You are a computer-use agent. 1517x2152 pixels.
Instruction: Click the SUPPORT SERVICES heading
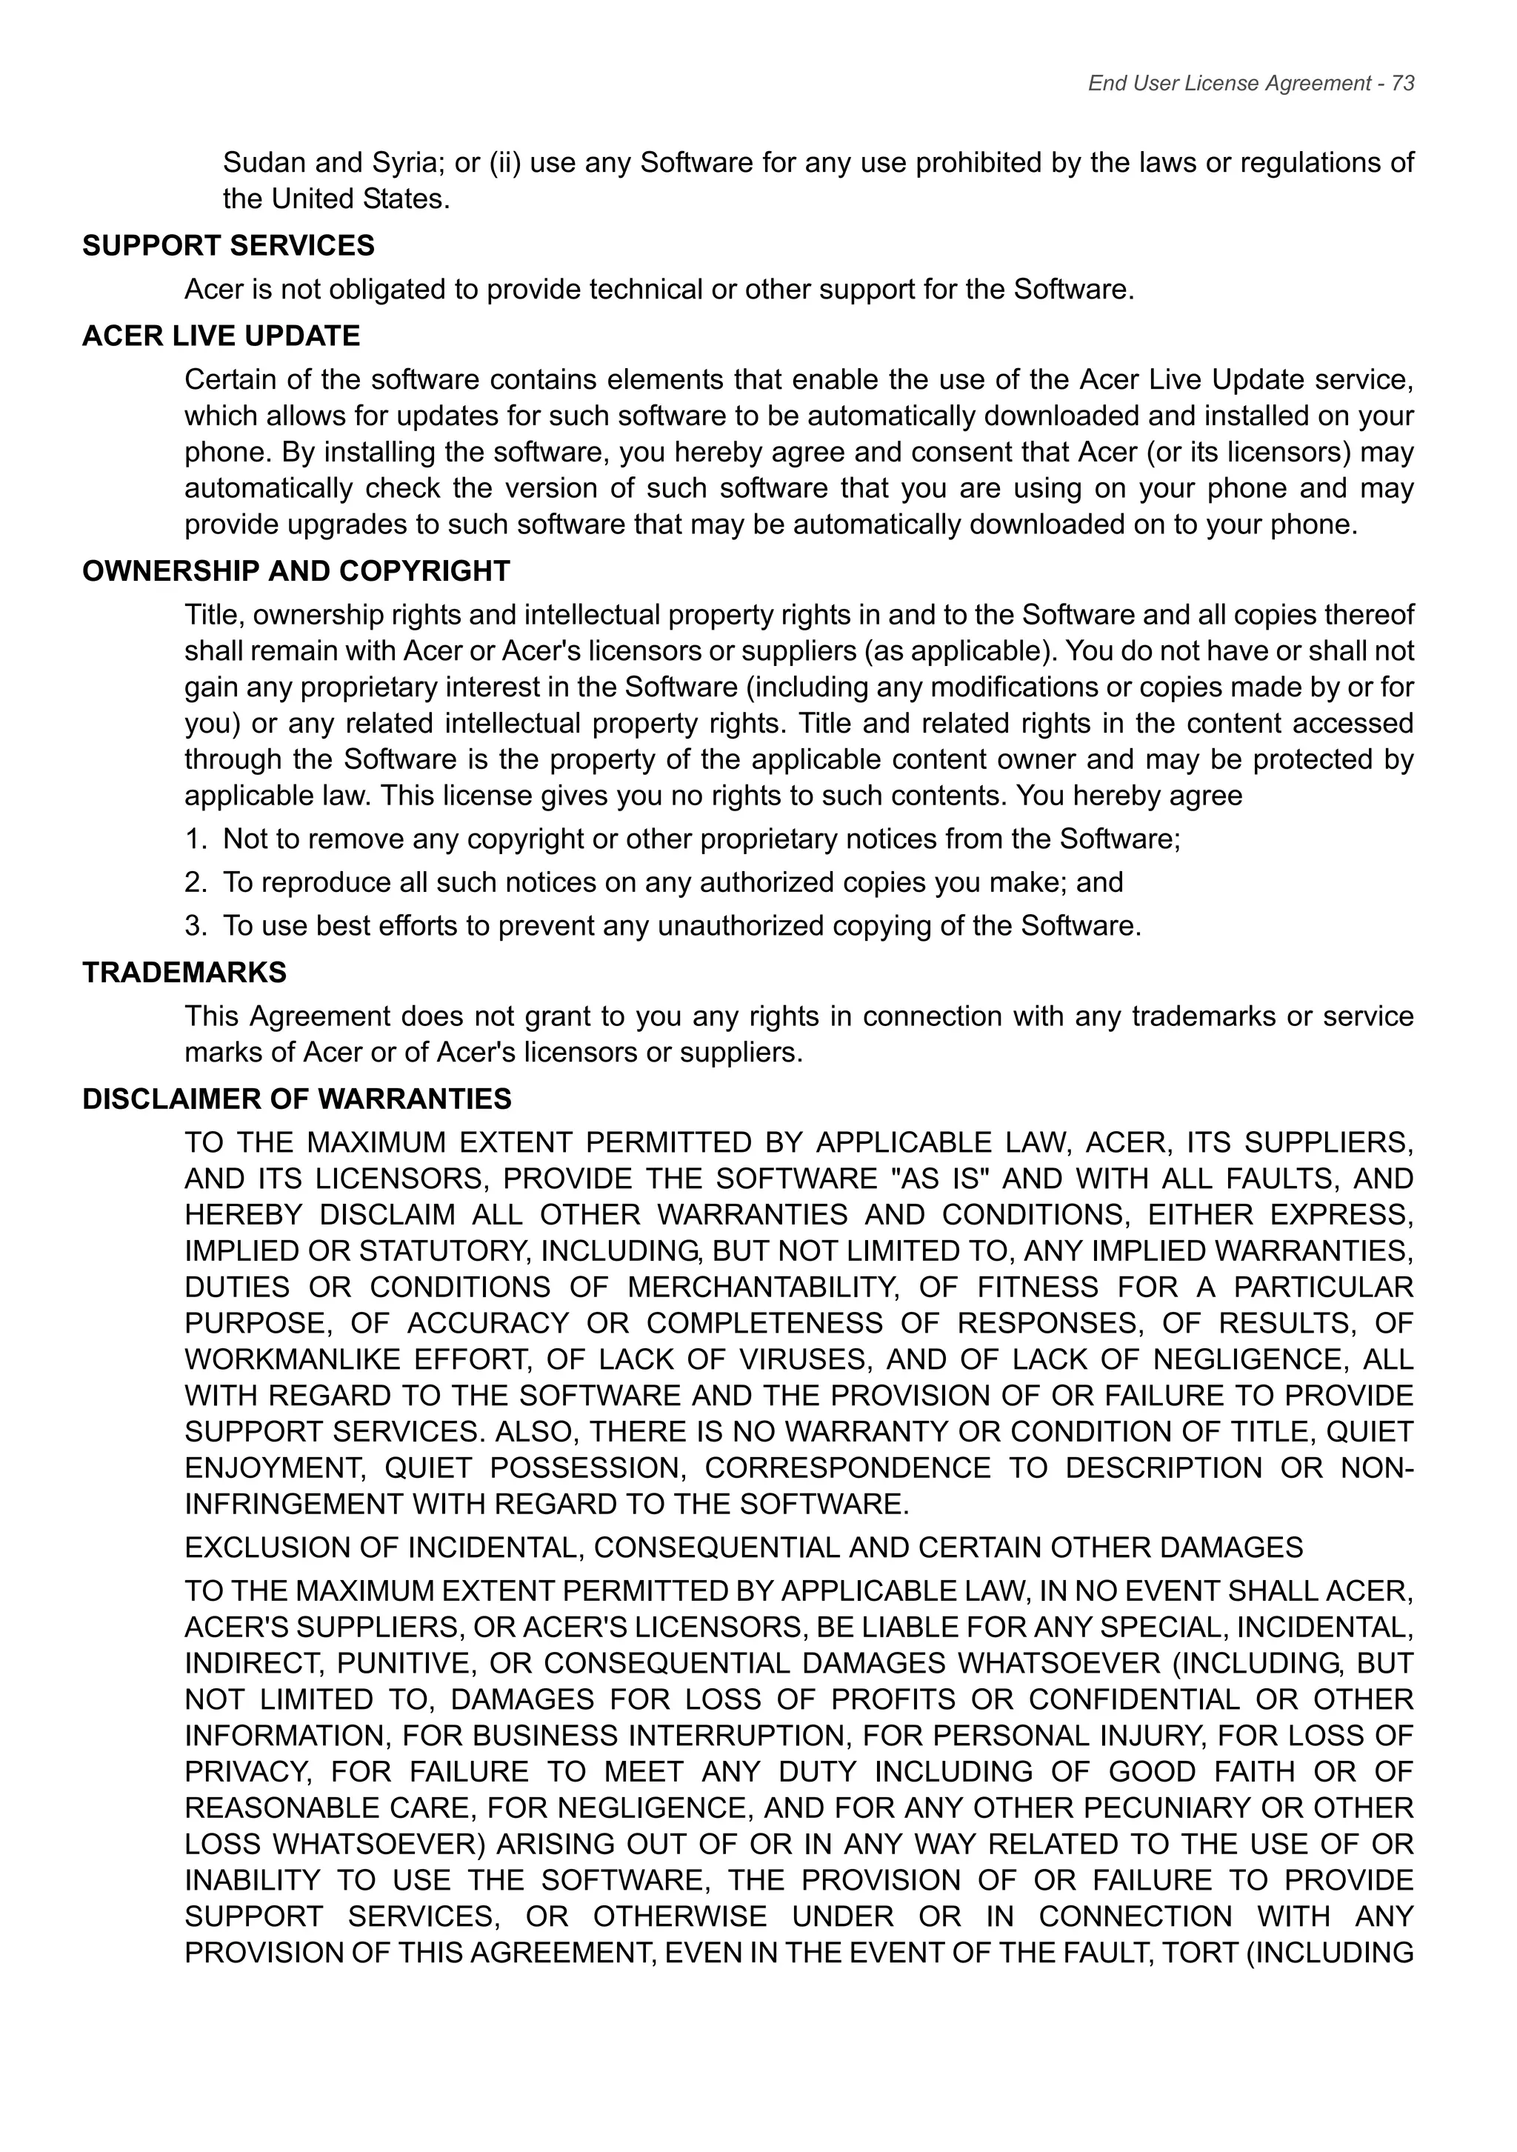pos(229,245)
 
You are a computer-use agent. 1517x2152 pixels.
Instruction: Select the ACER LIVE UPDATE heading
pos(221,336)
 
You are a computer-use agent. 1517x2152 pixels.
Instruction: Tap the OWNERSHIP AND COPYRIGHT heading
pos(296,571)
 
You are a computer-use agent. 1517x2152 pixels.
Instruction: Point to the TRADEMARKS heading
pos(184,972)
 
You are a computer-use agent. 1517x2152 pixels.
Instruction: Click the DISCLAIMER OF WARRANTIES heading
pos(297,1099)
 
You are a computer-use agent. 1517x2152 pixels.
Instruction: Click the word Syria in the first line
pos(407,163)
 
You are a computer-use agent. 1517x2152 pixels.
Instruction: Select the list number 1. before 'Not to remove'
pos(195,839)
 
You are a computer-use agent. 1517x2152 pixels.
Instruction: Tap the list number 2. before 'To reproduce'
pos(195,882)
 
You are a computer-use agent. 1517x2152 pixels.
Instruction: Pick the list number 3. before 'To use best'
pos(195,926)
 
